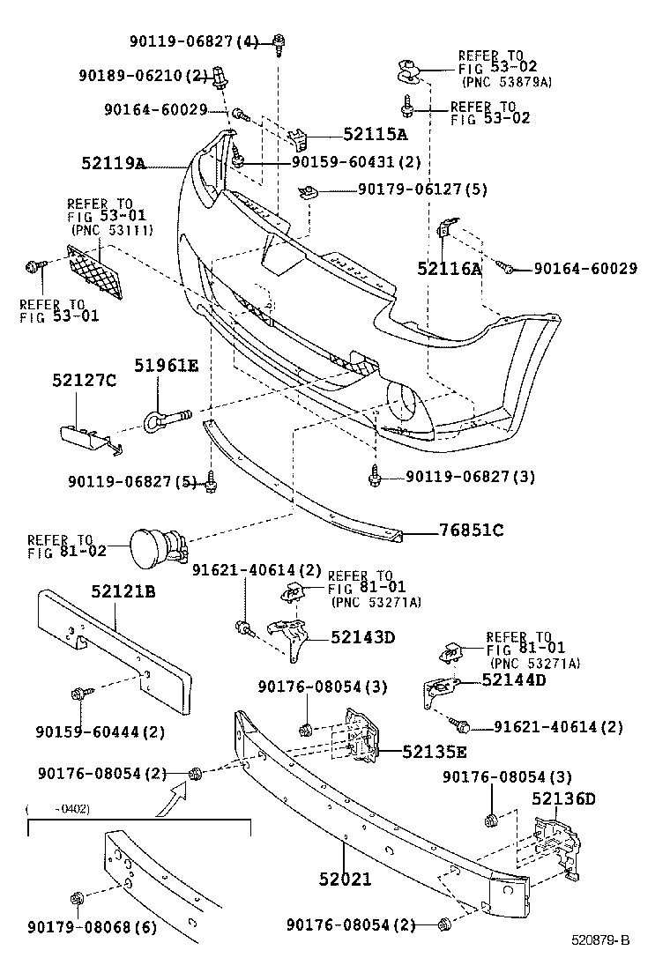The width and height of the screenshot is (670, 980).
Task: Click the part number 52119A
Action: (x=113, y=163)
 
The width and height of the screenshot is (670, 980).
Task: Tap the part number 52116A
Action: (x=450, y=269)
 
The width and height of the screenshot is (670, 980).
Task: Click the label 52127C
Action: (x=84, y=380)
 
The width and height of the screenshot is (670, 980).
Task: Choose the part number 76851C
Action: (x=472, y=531)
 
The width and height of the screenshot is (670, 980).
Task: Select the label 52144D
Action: (x=514, y=679)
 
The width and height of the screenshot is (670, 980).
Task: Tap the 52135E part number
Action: (x=435, y=752)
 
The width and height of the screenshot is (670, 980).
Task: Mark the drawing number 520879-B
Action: (x=600, y=939)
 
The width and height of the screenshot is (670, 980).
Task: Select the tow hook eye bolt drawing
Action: (x=168, y=411)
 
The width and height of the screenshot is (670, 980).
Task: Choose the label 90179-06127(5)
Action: (x=422, y=189)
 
